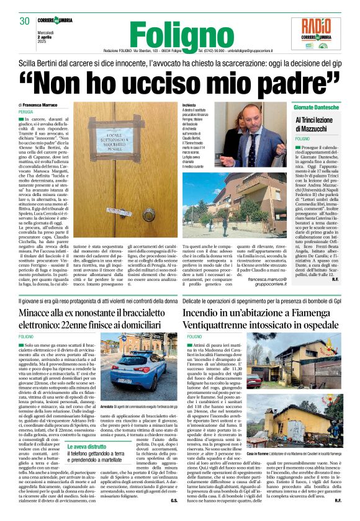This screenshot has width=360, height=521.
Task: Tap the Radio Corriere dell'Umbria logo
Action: pos(321,34)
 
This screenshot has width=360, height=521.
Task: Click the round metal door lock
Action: pos(149,215)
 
